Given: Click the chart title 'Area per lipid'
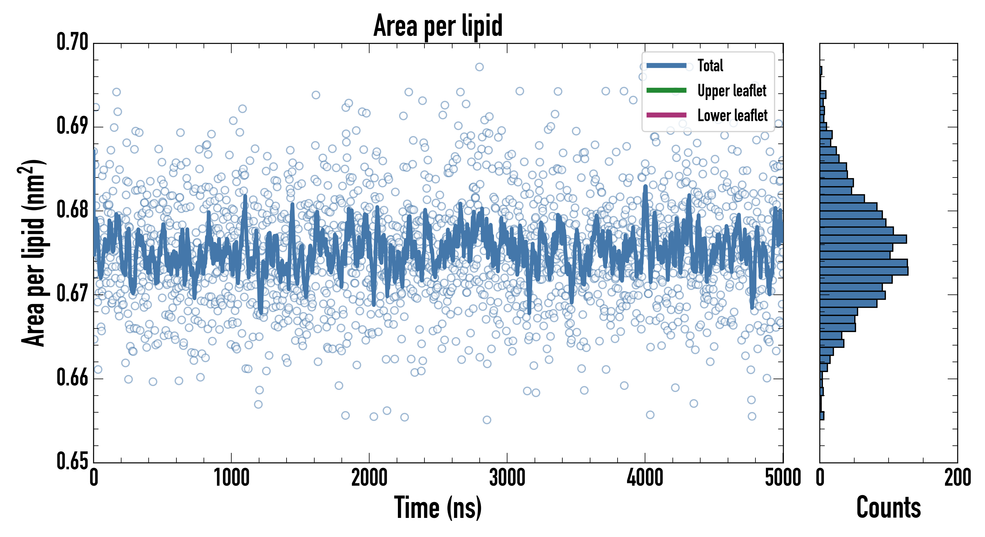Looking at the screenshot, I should click(438, 25).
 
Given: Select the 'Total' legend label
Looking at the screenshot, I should click(710, 65).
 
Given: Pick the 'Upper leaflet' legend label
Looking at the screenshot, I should click(732, 91).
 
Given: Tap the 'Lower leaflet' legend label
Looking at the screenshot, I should click(732, 115).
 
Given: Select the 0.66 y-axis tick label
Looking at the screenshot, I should click(72, 378).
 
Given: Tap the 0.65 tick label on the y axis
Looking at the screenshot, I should click(72, 461).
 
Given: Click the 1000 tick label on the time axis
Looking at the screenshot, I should click(231, 478).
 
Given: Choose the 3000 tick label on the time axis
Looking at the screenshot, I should click(507, 478).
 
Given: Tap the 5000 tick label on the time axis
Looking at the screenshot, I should click(783, 478).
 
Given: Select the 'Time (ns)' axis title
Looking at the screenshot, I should click(438, 507).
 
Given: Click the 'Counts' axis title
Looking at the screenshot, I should click(888, 507).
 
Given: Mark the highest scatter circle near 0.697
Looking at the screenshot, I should click(479, 67).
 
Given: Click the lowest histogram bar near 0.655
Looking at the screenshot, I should click(822, 416).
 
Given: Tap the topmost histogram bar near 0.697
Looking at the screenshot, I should click(821, 71).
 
